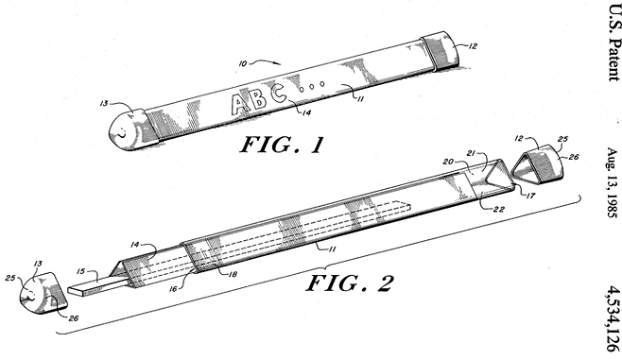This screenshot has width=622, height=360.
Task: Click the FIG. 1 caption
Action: (282, 145)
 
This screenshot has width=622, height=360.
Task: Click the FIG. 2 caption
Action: (350, 283)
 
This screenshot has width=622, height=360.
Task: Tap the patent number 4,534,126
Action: (613, 318)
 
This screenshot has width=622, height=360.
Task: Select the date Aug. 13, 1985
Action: (613, 182)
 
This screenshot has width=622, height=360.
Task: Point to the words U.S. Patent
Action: (613, 41)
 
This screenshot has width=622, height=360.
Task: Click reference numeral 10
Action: (243, 63)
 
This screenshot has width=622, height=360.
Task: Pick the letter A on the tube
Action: (239, 104)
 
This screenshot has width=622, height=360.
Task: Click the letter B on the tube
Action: (259, 98)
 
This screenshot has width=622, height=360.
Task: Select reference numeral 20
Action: (448, 162)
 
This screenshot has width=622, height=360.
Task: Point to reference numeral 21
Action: (471, 153)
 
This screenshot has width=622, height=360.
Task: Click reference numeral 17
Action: (530, 195)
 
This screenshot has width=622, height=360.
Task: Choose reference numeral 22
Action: (498, 209)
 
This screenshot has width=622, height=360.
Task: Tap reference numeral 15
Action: (80, 271)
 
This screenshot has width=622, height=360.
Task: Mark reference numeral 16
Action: (173, 289)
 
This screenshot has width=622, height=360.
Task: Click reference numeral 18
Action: (233, 274)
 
